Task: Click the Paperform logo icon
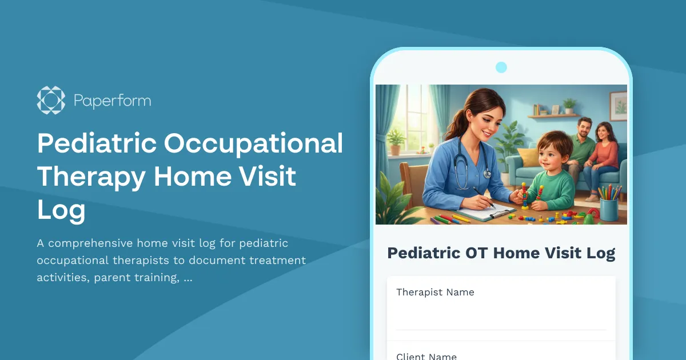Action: click(x=51, y=101)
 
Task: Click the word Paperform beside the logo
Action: click(x=112, y=102)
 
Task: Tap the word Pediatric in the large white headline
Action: click(x=96, y=143)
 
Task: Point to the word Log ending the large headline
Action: click(x=61, y=210)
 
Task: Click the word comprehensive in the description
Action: click(x=91, y=243)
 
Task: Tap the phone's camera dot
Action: click(x=501, y=67)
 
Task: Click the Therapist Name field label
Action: click(x=435, y=292)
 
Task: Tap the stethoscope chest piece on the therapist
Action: click(x=486, y=173)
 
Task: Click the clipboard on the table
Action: click(x=479, y=212)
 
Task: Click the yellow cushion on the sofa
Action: click(x=529, y=157)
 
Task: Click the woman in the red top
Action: click(x=604, y=150)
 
